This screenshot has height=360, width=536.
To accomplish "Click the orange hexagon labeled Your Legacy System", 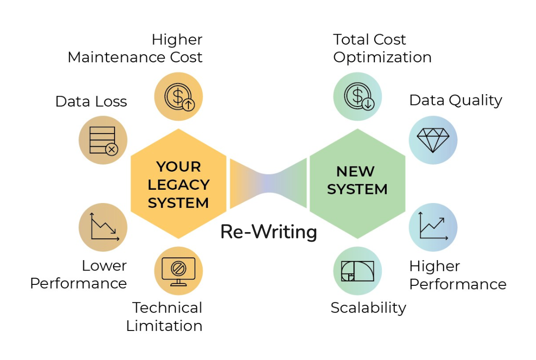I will click(178, 184).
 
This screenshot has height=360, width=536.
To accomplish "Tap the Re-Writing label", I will click(269, 232).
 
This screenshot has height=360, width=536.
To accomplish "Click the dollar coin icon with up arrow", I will click(178, 97).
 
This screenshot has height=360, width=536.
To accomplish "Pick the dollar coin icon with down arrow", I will click(358, 97).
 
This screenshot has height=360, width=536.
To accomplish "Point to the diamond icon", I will click(433, 140).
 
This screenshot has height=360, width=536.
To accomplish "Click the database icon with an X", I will click(103, 140).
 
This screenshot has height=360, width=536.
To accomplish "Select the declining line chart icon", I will click(103, 227).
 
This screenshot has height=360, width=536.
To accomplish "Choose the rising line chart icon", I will click(433, 227).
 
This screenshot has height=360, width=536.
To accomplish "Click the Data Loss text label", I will click(91, 101).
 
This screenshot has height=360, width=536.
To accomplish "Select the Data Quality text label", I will click(456, 100).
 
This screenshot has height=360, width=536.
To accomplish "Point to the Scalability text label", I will click(368, 308).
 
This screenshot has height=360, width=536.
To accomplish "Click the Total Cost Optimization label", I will click(382, 48).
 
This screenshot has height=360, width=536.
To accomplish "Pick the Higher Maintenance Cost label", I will click(135, 48).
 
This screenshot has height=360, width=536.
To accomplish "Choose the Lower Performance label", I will click(78, 274).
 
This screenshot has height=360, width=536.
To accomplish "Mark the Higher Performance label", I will click(458, 275).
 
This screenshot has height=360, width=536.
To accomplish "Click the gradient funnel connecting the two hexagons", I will click(268, 184).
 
